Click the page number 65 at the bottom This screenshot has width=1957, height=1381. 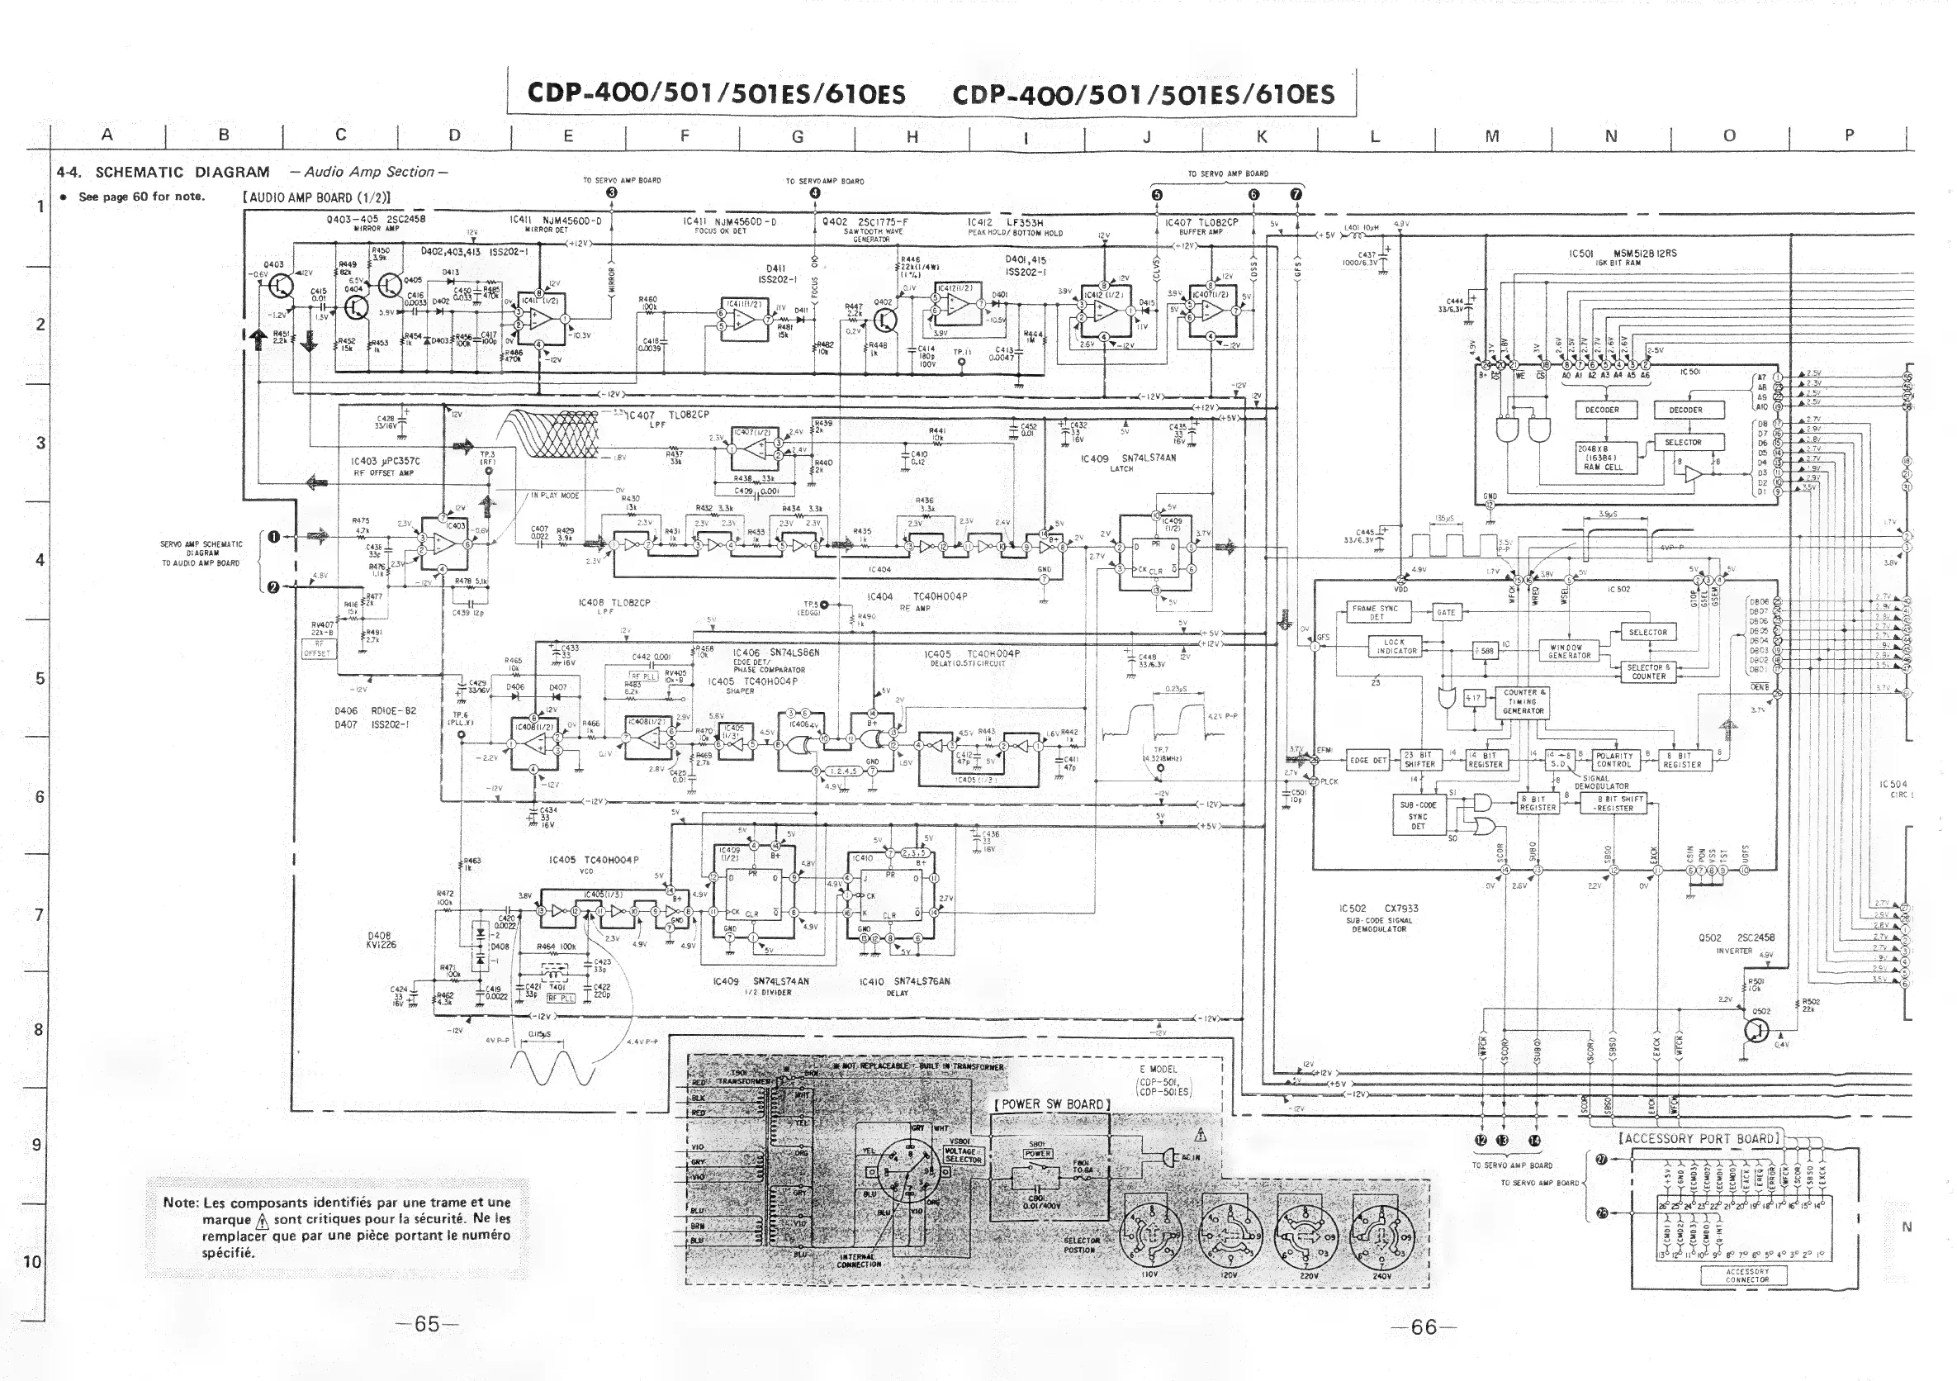point(427,1324)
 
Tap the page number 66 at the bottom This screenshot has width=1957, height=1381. point(1424,1326)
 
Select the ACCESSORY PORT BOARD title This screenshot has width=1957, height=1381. point(1699,1139)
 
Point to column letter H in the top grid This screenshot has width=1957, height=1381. point(911,136)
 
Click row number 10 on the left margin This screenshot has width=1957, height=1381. point(32,1262)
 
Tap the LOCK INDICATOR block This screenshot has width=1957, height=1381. point(1394,647)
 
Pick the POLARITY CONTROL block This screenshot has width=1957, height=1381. point(1613,761)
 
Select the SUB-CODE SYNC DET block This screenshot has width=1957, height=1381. point(1418,816)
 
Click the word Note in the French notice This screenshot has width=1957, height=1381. point(180,1203)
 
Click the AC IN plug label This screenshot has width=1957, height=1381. point(1190,1157)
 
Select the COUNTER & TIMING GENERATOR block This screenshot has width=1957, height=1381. point(1523,701)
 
